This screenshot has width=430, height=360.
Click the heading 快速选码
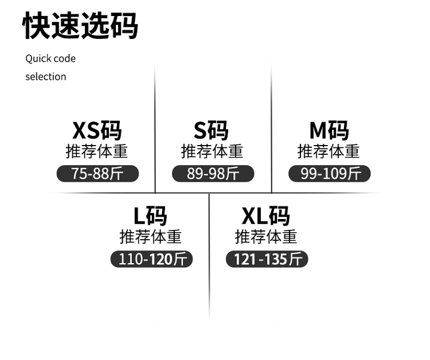pyautogui.click(x=80, y=25)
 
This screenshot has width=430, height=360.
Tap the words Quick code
pyautogui.click(x=50, y=58)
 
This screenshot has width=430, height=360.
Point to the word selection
pyautogui.click(x=46, y=76)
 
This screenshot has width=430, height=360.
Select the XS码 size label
pyautogui.click(x=97, y=130)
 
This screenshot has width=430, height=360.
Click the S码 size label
pyautogui.click(x=212, y=130)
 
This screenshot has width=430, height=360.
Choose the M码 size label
pyautogui.click(x=329, y=130)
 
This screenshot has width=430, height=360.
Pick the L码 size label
pyautogui.click(x=150, y=216)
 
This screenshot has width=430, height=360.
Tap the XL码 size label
pyautogui.click(x=265, y=216)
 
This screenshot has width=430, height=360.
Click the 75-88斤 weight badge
pyautogui.click(x=97, y=173)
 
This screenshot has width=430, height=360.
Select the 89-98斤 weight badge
pyautogui.click(x=213, y=173)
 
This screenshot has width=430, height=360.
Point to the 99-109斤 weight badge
pyautogui.click(x=330, y=173)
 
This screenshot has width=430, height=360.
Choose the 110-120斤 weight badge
pyautogui.click(x=151, y=259)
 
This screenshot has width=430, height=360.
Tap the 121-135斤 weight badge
pyautogui.click(x=267, y=259)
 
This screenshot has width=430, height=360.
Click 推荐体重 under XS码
pyautogui.click(x=97, y=151)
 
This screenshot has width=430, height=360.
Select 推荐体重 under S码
pyautogui.click(x=212, y=151)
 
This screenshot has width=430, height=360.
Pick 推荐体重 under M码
pyautogui.click(x=329, y=151)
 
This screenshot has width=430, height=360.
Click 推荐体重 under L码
pyautogui.click(x=150, y=236)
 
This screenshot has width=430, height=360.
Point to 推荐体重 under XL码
pyautogui.click(x=266, y=236)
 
